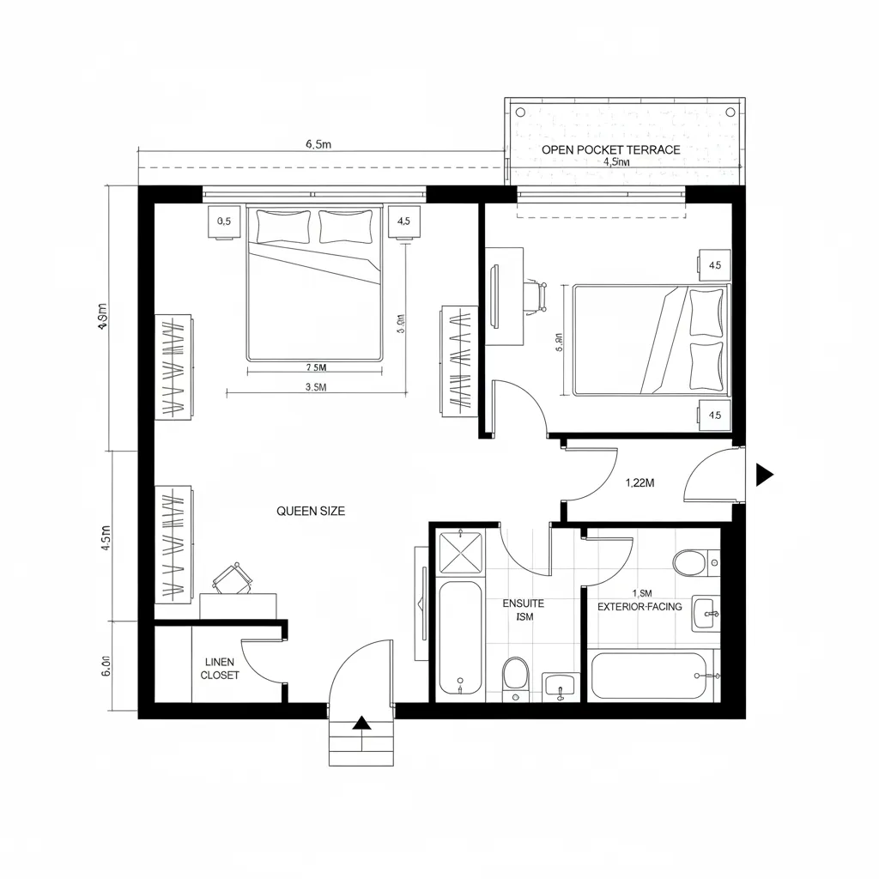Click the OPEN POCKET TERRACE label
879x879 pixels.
(610, 149)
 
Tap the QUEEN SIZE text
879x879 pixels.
(311, 511)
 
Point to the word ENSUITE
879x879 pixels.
(523, 603)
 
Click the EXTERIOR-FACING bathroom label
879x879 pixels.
(640, 607)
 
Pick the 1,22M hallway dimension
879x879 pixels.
(640, 482)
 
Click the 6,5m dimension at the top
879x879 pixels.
(318, 144)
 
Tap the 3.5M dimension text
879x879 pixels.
(315, 387)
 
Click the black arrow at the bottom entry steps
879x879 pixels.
(362, 723)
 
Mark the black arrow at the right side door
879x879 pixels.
(764, 474)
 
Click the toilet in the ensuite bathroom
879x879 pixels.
(516, 674)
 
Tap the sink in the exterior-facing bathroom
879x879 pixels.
(705, 614)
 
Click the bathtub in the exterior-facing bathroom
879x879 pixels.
(650, 676)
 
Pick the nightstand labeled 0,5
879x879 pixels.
(224, 221)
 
